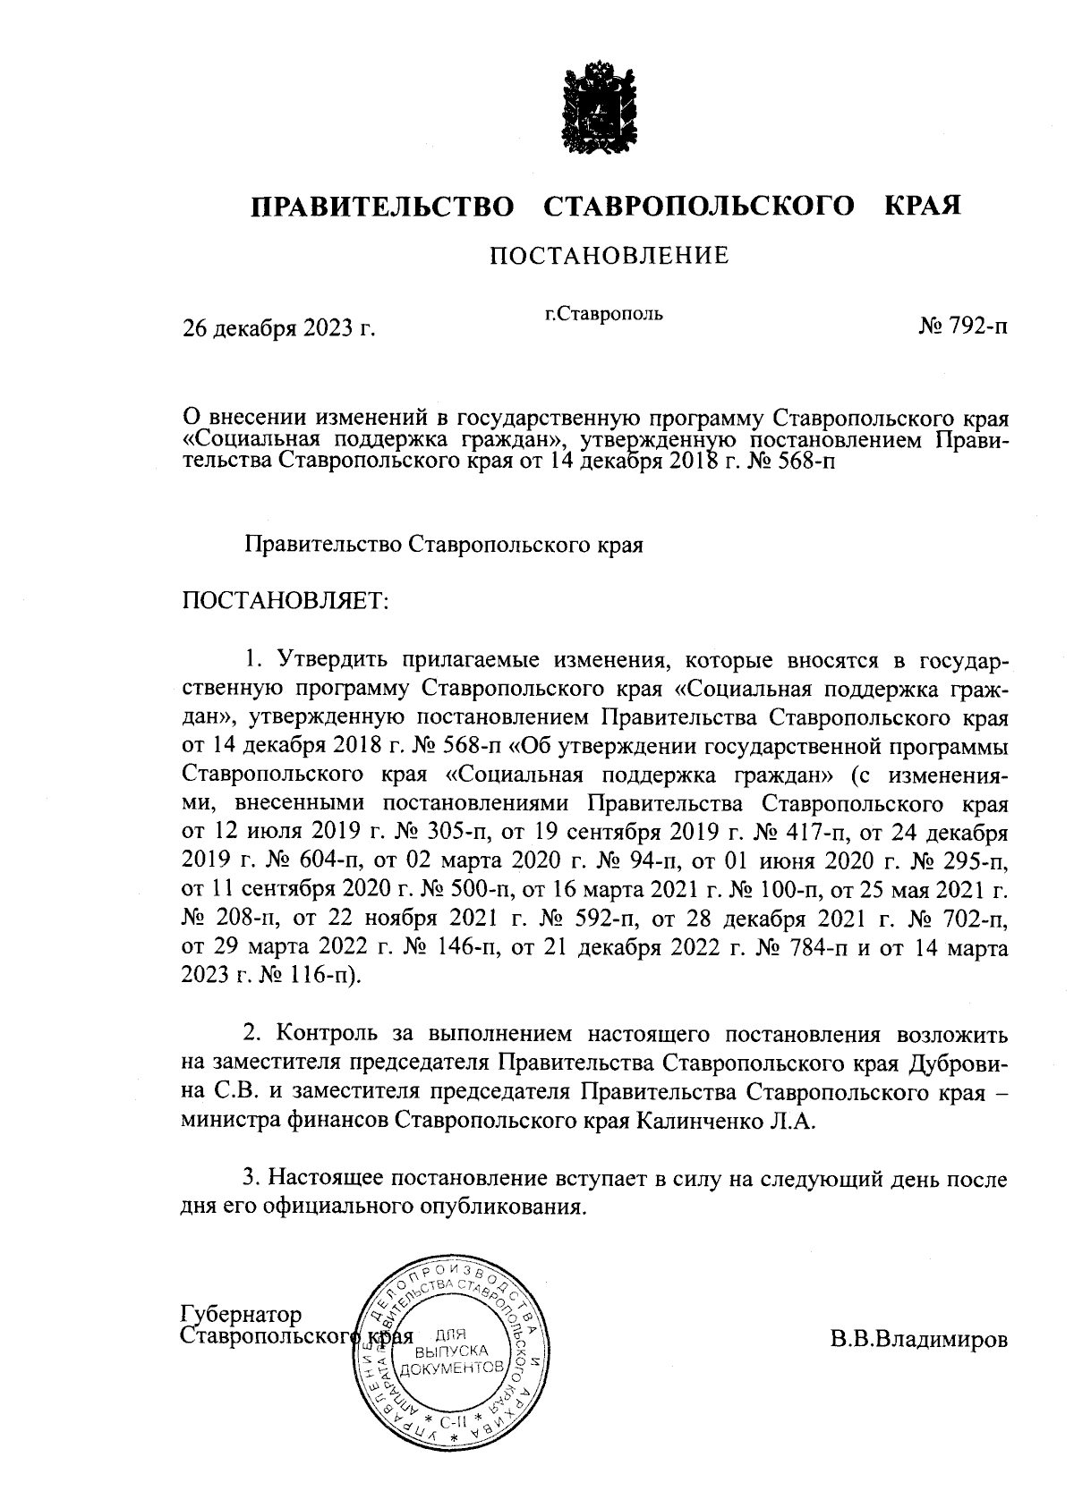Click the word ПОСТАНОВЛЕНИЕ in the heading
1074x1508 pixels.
pyautogui.click(x=609, y=257)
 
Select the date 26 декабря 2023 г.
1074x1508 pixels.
pyautogui.click(x=278, y=329)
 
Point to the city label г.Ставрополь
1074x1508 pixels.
pyautogui.click(x=604, y=314)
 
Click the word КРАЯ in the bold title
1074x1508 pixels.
pyautogui.click(x=923, y=207)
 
